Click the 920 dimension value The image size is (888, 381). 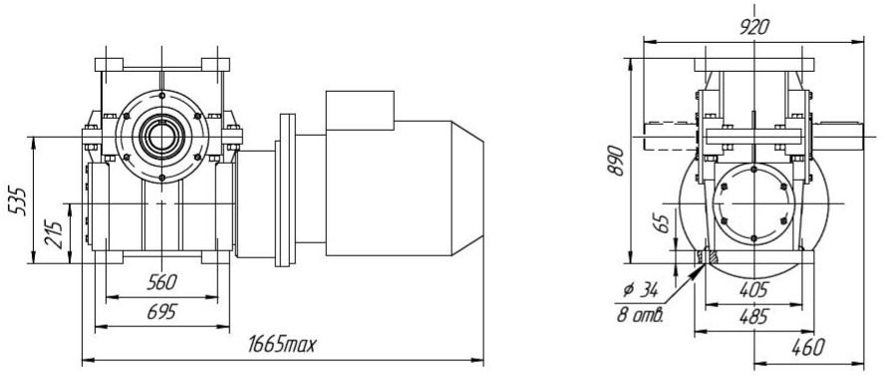coord(754,27)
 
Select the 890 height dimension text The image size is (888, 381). coord(616,161)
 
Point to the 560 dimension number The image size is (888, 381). coord(162,282)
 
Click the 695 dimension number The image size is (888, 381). coord(162,311)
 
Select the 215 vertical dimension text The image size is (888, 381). coord(54,233)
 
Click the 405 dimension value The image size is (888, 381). coord(753,289)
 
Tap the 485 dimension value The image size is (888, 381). coord(753,317)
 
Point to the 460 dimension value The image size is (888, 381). coord(808,347)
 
